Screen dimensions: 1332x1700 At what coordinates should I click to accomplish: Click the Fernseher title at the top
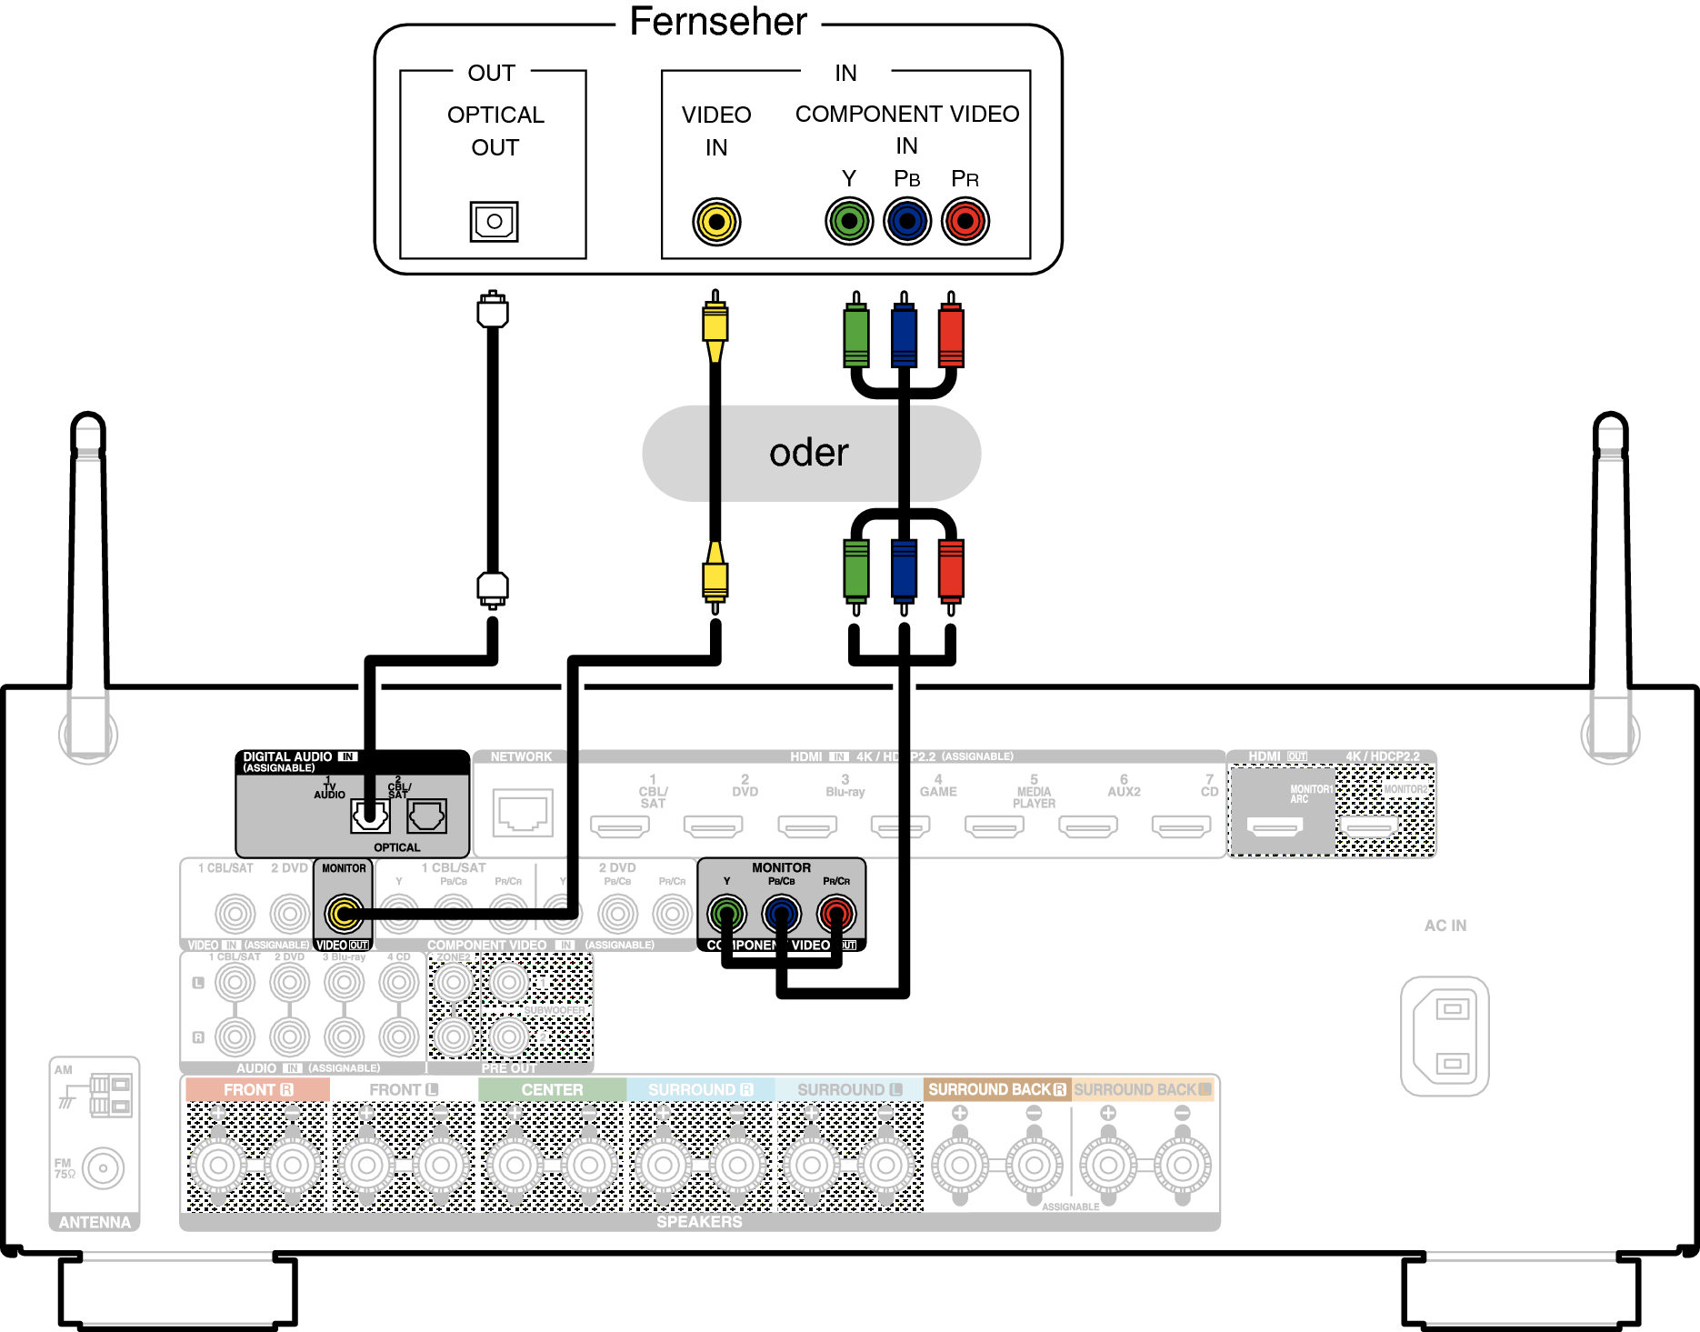pyautogui.click(x=718, y=22)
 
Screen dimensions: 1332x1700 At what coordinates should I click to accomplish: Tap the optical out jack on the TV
pyautogui.click(x=494, y=221)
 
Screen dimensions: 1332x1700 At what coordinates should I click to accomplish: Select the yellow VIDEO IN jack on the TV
pyautogui.click(x=716, y=221)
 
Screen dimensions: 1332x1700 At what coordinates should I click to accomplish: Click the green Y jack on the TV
pyautogui.click(x=849, y=221)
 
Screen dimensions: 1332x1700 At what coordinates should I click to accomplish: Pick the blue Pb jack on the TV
pyautogui.click(x=907, y=221)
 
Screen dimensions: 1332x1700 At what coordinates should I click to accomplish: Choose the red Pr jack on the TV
pyautogui.click(x=965, y=221)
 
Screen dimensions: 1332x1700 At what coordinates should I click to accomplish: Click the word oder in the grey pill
pyautogui.click(x=808, y=453)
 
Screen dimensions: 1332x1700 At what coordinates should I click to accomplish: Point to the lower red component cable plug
pyautogui.click(x=951, y=571)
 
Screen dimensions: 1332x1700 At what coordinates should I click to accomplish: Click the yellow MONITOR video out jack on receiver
pyautogui.click(x=344, y=913)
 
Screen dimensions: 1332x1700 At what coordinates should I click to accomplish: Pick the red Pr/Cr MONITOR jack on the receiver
pyautogui.click(x=836, y=913)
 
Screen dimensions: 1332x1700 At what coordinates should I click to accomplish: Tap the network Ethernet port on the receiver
pyautogui.click(x=523, y=812)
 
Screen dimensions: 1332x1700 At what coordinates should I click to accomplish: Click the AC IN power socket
pyautogui.click(x=1445, y=1036)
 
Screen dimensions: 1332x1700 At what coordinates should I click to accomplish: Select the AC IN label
pyautogui.click(x=1445, y=926)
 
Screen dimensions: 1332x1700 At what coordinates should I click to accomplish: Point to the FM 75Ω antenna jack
pyautogui.click(x=103, y=1168)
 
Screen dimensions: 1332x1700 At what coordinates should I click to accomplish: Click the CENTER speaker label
pyautogui.click(x=552, y=1089)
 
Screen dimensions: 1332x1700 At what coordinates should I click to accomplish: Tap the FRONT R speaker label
pyautogui.click(x=257, y=1089)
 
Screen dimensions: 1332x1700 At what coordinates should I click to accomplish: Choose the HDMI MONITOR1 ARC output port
pyautogui.click(x=1275, y=826)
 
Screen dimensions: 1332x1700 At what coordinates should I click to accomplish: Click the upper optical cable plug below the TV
pyautogui.click(x=493, y=310)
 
